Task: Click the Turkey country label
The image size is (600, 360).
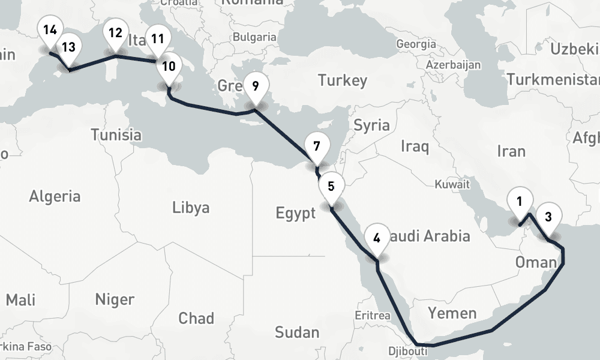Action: point(342,80)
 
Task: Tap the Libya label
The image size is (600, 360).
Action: point(191,208)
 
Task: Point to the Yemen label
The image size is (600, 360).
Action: point(452,313)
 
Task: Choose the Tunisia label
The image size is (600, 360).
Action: point(116,135)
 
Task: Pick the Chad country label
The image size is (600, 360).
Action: point(196,317)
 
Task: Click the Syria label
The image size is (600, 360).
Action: point(371,125)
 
